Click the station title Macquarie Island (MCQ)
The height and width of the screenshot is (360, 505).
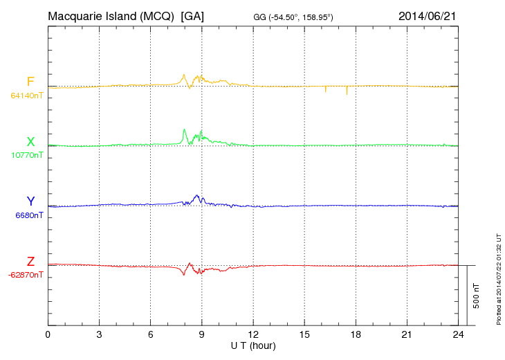111,15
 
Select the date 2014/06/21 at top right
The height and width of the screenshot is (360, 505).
427,15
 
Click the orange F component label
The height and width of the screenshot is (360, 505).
30,82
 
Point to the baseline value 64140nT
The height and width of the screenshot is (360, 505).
27,96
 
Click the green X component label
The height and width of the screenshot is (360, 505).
30,142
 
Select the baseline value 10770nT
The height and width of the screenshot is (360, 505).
27,156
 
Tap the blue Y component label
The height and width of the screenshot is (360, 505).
30,201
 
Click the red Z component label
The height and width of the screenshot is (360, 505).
30,261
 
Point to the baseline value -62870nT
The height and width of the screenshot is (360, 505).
26,275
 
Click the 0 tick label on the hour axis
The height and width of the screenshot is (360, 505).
48,335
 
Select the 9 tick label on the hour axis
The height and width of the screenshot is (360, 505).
202,335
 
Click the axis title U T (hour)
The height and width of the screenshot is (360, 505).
253,345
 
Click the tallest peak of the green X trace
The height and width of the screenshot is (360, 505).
184,129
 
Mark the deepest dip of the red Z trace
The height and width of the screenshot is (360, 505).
184,276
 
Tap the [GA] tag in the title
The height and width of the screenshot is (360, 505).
192,15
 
